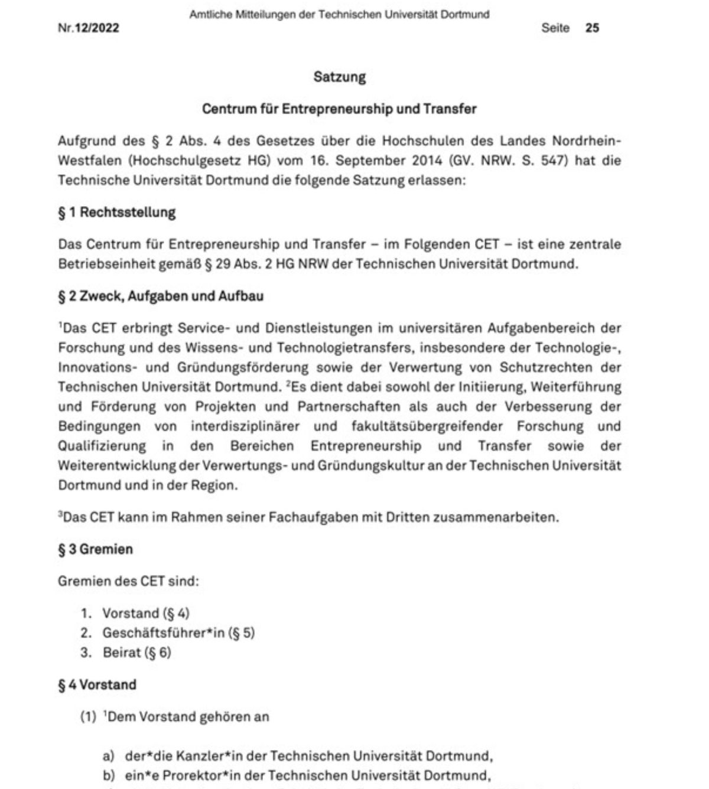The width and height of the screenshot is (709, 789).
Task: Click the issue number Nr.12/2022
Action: (x=89, y=28)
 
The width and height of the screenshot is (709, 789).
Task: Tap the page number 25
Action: (x=592, y=28)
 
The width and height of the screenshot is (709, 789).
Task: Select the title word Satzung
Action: (x=340, y=77)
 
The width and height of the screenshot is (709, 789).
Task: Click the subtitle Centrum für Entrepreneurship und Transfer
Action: (x=339, y=109)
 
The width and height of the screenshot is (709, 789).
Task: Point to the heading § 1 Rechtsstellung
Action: (x=117, y=213)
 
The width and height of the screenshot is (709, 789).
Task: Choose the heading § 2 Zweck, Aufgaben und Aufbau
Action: (x=161, y=296)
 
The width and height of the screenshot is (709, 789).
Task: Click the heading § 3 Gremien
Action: (x=95, y=549)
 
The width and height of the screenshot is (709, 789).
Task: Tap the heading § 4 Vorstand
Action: (x=97, y=685)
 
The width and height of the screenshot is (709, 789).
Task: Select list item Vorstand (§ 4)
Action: (x=146, y=613)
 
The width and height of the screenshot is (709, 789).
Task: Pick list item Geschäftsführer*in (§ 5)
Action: (x=178, y=633)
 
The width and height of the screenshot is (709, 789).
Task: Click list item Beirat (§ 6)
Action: (x=136, y=653)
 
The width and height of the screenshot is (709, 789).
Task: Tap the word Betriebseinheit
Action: (x=106, y=264)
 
